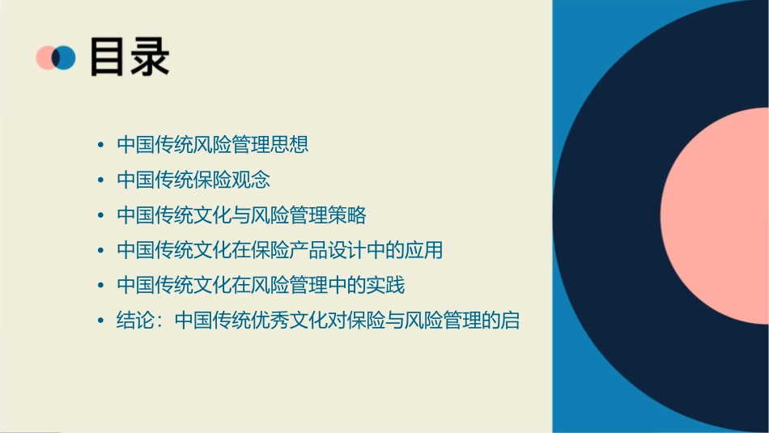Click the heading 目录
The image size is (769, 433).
click(130, 57)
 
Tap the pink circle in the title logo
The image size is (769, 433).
click(45, 57)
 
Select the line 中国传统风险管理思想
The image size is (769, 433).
click(212, 146)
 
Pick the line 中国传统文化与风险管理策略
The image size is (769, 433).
click(241, 215)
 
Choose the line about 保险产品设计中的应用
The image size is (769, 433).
click(279, 250)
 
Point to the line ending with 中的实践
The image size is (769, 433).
click(260, 285)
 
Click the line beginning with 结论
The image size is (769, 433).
click(317, 321)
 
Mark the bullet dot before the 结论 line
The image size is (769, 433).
click(100, 321)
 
